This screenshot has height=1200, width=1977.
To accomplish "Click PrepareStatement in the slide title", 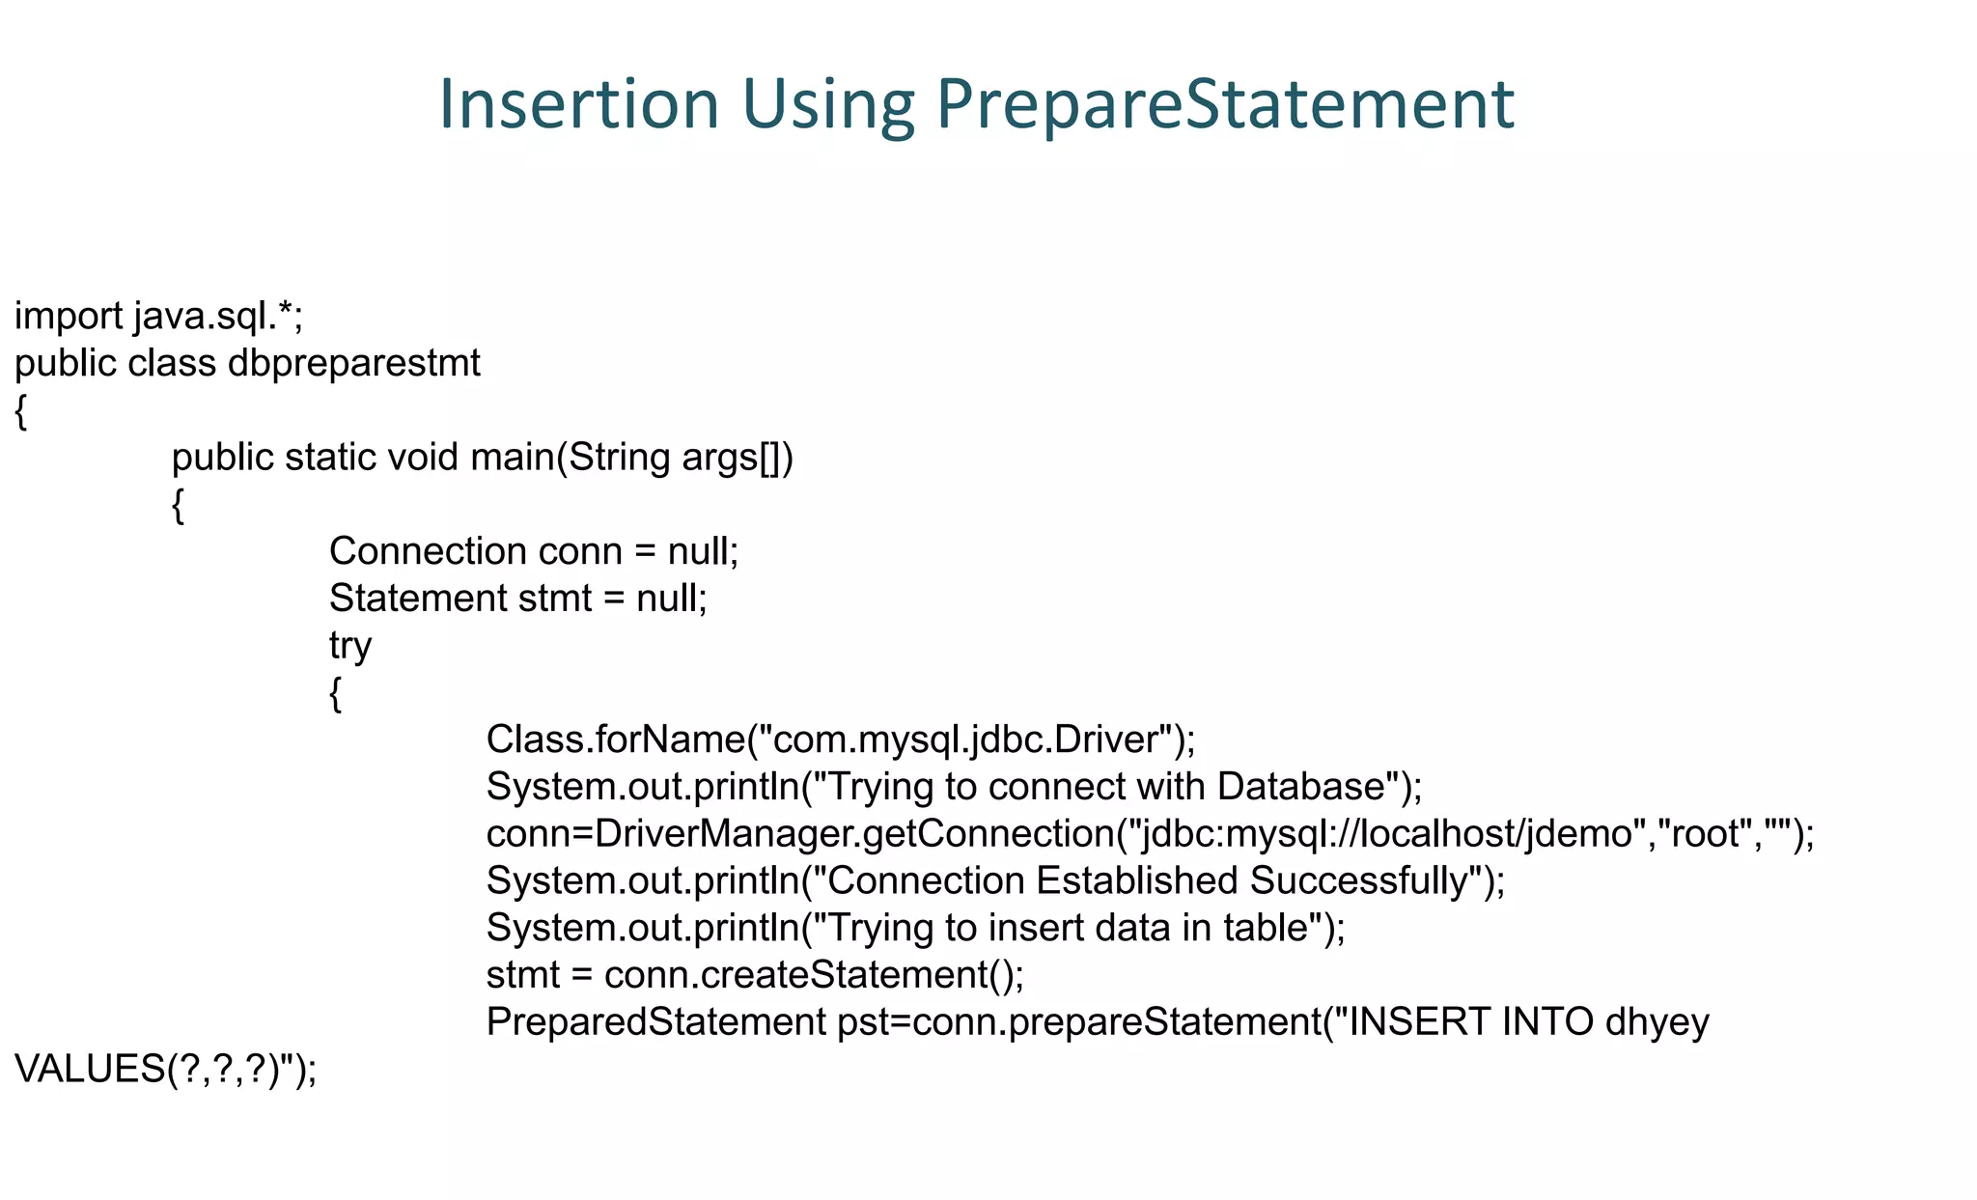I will (1224, 103).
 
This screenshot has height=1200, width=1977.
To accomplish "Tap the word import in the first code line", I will (68, 317).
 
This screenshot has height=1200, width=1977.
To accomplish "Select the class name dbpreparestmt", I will (353, 364).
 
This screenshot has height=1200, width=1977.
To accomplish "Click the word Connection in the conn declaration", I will (427, 551).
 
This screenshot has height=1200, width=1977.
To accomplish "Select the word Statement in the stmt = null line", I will (417, 599).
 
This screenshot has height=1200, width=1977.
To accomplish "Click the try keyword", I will (349, 646).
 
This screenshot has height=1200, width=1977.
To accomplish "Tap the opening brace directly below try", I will (335, 693).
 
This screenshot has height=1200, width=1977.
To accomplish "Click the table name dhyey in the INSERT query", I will (1657, 1022).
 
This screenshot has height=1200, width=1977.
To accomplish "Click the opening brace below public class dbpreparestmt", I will (21, 411).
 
